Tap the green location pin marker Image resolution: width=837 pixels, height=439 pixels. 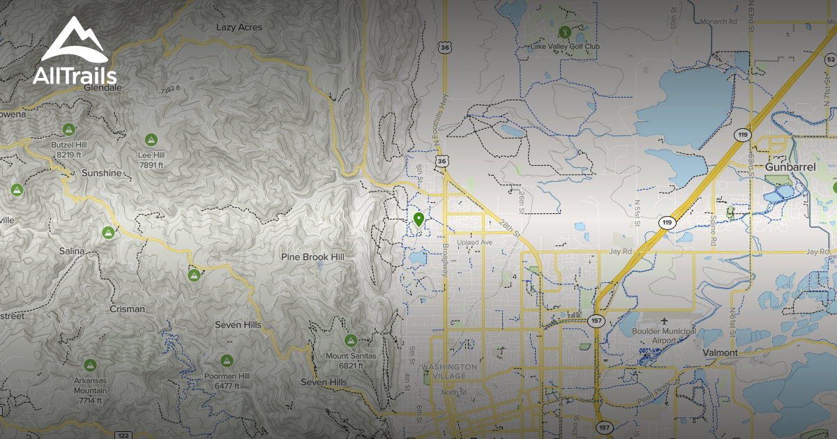418,220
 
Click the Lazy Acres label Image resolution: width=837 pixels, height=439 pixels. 239,27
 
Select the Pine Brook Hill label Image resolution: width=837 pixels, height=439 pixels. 312,257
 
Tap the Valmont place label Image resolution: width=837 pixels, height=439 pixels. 720,353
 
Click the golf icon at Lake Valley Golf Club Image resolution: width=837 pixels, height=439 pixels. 564,31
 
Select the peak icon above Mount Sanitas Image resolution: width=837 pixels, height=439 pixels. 350,341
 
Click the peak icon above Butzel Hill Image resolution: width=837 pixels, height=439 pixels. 68,130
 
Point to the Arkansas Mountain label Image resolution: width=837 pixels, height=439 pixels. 91,390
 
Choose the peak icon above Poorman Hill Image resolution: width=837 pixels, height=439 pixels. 226,361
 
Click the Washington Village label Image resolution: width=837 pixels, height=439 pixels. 450,371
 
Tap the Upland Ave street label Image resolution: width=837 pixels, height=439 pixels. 475,242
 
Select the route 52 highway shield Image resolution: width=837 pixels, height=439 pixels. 829,60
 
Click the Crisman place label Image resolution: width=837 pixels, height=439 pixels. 127,309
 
